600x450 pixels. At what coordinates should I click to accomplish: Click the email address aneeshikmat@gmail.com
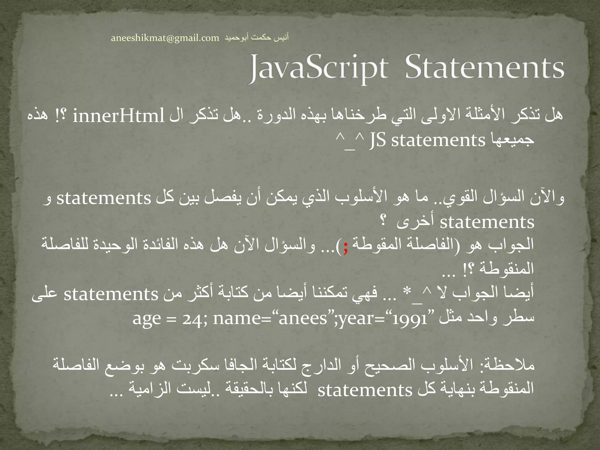(x=165, y=38)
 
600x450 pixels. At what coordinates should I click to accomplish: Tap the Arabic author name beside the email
(x=257, y=37)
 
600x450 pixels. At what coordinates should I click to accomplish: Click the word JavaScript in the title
(x=319, y=68)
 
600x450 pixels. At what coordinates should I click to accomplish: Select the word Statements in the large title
(x=484, y=68)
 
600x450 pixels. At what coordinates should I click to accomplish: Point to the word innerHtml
(x=118, y=116)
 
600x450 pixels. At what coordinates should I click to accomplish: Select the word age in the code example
(x=146, y=319)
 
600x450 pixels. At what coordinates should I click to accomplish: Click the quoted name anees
(x=303, y=318)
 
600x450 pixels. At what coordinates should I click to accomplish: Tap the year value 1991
(x=410, y=319)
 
